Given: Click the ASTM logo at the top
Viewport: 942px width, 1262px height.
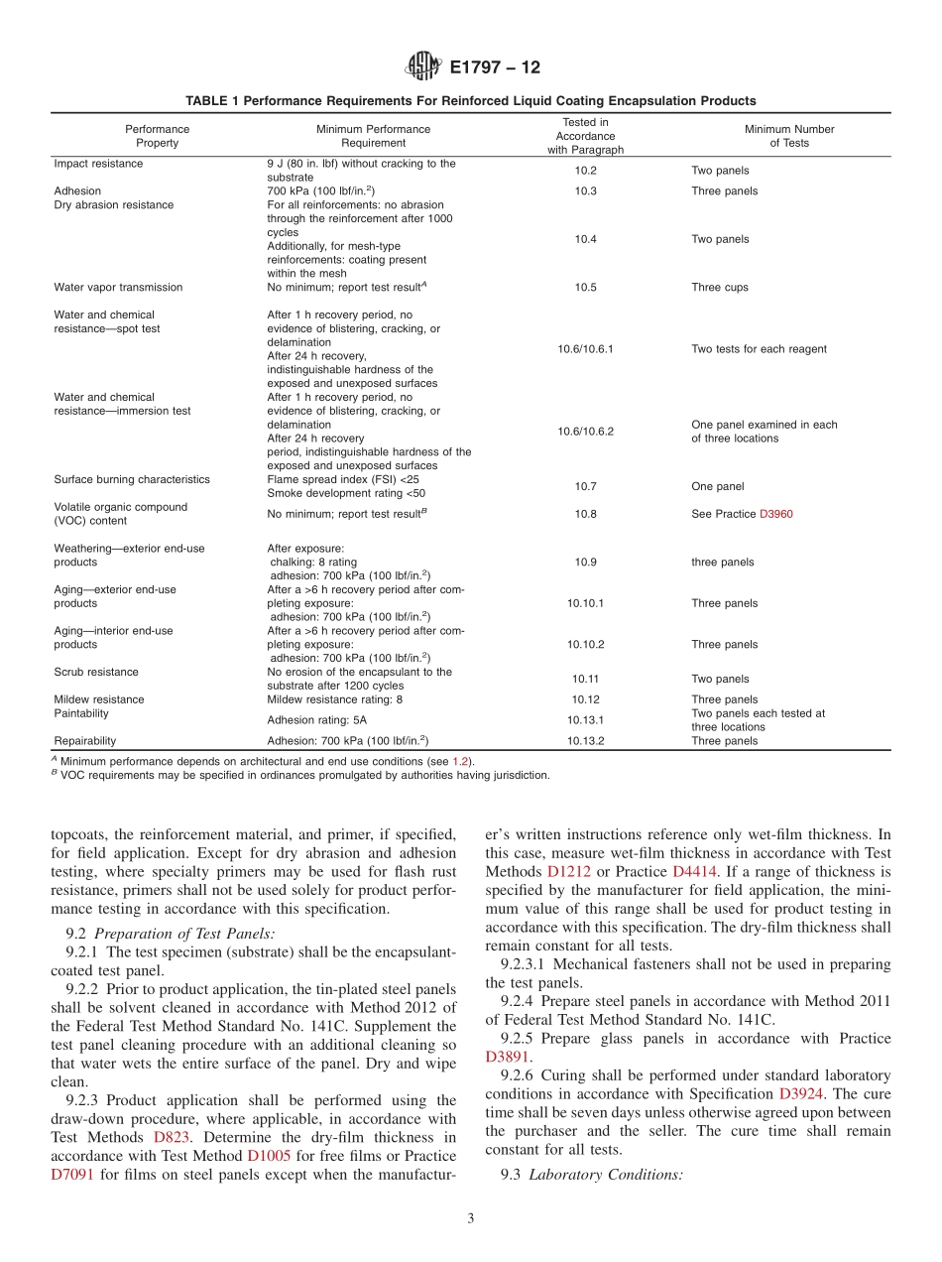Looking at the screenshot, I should pyautogui.click(x=423, y=67).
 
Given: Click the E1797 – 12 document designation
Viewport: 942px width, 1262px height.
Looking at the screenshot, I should pyautogui.click(x=495, y=68).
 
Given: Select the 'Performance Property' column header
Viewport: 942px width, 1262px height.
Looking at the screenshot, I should pyautogui.click(x=157, y=136).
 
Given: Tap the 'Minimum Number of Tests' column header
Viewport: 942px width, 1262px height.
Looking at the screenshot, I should pyautogui.click(x=789, y=136).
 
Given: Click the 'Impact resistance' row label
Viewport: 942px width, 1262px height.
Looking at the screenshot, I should pyautogui.click(x=98, y=164).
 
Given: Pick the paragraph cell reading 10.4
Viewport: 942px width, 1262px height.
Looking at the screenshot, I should pyautogui.click(x=585, y=239).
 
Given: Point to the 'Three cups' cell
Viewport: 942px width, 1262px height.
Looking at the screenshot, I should pyautogui.click(x=720, y=288).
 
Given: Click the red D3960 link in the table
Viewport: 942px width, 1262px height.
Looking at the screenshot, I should pyautogui.click(x=775, y=514).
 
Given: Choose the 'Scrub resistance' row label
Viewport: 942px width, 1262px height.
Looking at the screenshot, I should pyautogui.click(x=96, y=672).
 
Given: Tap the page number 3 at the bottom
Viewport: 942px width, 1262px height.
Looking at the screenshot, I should pyautogui.click(x=471, y=1219).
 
